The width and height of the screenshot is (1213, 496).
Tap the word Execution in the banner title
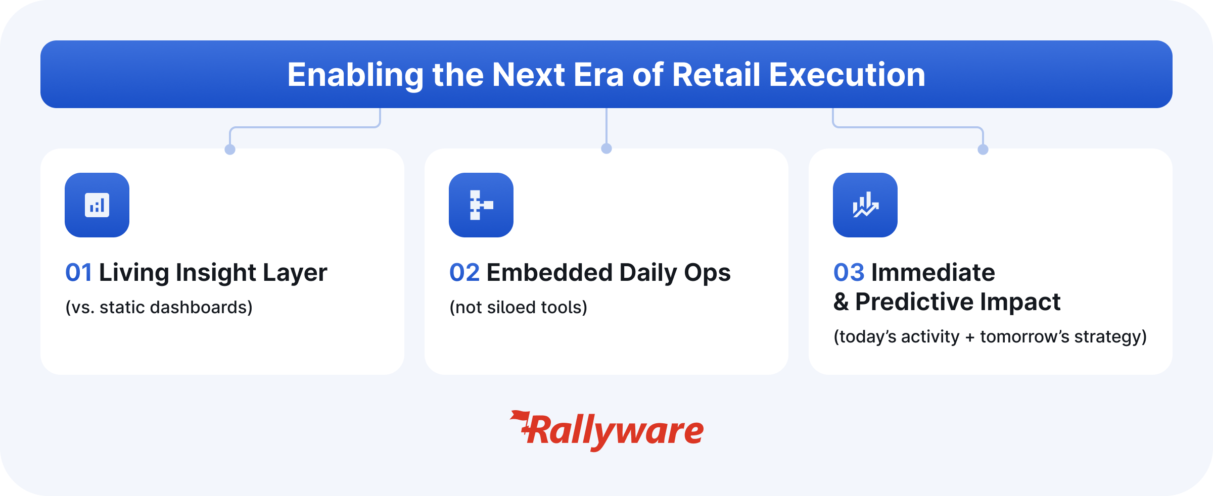click(847, 75)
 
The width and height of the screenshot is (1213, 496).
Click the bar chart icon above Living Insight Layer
click(97, 205)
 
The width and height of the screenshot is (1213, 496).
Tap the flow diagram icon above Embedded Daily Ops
click(481, 205)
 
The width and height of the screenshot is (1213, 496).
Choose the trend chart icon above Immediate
click(865, 205)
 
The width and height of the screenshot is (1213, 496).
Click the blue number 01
click(79, 273)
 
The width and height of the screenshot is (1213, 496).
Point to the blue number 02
click(464, 273)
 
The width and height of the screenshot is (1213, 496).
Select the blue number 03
click(849, 273)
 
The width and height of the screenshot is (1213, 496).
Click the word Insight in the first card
click(216, 273)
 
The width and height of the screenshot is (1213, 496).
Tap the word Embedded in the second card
click(549, 273)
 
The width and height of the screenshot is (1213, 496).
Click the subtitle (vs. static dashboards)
click(159, 307)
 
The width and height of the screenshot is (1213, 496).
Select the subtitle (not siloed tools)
click(519, 307)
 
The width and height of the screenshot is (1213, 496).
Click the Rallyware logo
click(606, 431)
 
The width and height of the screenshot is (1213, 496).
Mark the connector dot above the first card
click(230, 150)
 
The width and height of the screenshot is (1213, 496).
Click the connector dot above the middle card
click(606, 148)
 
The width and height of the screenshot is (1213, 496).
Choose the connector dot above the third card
click(983, 150)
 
